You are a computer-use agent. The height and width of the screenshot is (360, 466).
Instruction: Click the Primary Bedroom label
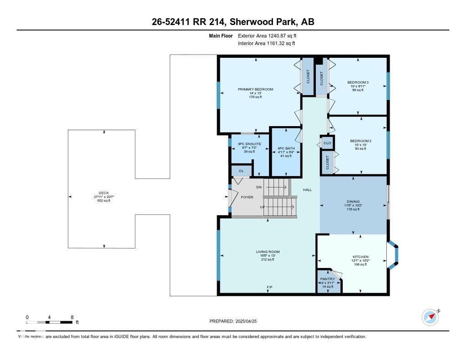pyautogui.click(x=255, y=89)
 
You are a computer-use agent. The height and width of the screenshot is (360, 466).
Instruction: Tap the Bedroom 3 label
pyautogui.click(x=358, y=82)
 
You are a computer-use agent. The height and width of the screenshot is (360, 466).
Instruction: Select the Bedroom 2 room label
pyautogui.click(x=360, y=141)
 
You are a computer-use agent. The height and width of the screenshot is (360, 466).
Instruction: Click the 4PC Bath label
pyautogui.click(x=285, y=148)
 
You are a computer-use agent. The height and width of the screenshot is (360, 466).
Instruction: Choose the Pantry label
pyautogui.click(x=327, y=279)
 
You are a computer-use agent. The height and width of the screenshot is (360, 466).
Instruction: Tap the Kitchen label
pyautogui.click(x=360, y=257)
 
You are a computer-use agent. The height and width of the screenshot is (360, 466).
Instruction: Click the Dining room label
pyautogui.click(x=353, y=201)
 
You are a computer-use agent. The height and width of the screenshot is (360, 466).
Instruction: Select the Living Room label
pyautogui.click(x=268, y=252)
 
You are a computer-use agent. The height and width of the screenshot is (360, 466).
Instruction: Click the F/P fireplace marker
pyautogui.click(x=270, y=287)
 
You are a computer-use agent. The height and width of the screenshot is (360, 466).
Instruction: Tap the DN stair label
pyautogui.click(x=259, y=187)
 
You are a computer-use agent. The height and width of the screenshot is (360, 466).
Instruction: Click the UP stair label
pyautogui.click(x=262, y=207)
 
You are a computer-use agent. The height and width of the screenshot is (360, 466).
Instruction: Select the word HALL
pyautogui.click(x=308, y=189)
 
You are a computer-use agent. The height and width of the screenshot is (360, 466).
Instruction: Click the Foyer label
pyautogui.click(x=247, y=197)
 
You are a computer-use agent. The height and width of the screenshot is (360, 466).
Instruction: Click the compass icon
pyautogui.click(x=430, y=317)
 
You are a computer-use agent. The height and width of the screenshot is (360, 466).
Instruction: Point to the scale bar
pyautogui.click(x=49, y=322)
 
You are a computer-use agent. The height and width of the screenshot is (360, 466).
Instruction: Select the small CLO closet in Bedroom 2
pyautogui.click(x=327, y=143)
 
